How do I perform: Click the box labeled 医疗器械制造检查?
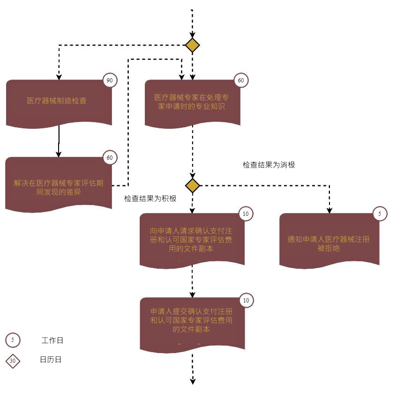point(59,103)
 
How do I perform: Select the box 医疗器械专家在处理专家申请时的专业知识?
point(193,103)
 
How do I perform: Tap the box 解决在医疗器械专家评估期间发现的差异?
point(59,184)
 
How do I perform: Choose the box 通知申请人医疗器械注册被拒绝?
point(329,240)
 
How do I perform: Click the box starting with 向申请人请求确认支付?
point(192,240)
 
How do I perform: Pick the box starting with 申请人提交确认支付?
point(193,324)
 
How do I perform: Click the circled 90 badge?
point(110,81)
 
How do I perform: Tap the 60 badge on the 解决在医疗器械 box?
point(110,157)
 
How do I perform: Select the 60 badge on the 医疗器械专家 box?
point(241,81)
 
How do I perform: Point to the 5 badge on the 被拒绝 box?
point(380,214)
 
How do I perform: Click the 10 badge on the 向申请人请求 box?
point(246,214)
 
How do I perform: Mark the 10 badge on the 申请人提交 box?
point(246,300)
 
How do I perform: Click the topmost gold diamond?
point(193,45)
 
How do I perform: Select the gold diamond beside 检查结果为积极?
point(193,185)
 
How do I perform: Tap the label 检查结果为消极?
point(269,165)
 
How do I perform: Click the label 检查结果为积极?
point(150,199)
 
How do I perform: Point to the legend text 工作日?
point(52,340)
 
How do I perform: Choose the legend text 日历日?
point(51,360)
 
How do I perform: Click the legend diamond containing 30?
point(13,361)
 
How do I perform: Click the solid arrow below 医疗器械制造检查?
point(59,141)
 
